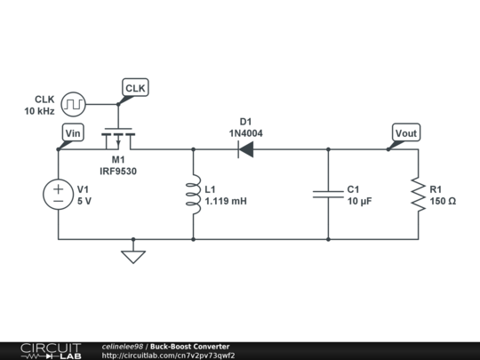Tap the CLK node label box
pyautogui.click(x=135, y=88)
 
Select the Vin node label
pyautogui.click(x=73, y=133)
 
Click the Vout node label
pyautogui.click(x=405, y=133)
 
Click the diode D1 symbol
pyautogui.click(x=244, y=149)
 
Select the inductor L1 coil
pyautogui.click(x=193, y=195)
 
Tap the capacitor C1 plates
pyautogui.click(x=328, y=195)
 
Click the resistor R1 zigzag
pyautogui.click(x=418, y=195)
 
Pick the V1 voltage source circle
pyautogui.click(x=59, y=195)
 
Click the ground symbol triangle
pyautogui.click(x=133, y=257)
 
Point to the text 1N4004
pyautogui.click(x=245, y=132)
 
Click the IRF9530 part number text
pyautogui.click(x=118, y=171)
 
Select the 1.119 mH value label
pyautogui.click(x=226, y=202)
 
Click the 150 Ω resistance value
pyautogui.click(x=443, y=202)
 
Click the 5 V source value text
pyautogui.click(x=84, y=202)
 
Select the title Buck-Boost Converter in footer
pyautogui.click(x=189, y=346)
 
